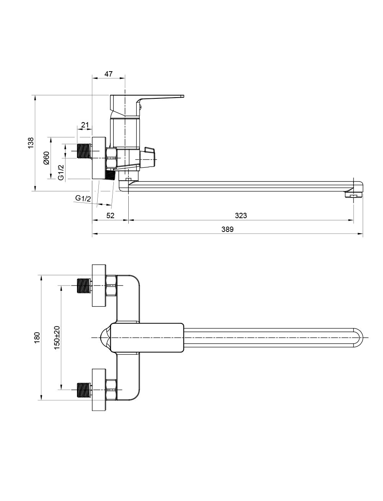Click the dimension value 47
point(108,74)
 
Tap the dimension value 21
point(85,125)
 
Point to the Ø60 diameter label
point(47,157)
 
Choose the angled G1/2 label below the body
point(83,198)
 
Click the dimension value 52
point(110,215)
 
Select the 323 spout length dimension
point(241,215)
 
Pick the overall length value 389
point(227,229)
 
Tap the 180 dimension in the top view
point(37,338)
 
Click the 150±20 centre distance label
point(57,337)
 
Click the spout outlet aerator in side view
point(354,196)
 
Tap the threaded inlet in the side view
point(84,151)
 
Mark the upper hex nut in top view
point(111,286)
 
